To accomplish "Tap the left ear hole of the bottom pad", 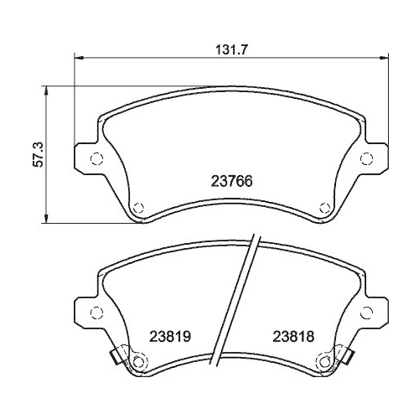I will (x=95, y=313).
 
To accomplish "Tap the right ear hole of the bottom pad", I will (x=365, y=313).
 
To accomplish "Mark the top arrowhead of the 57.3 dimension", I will (x=47, y=89).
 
